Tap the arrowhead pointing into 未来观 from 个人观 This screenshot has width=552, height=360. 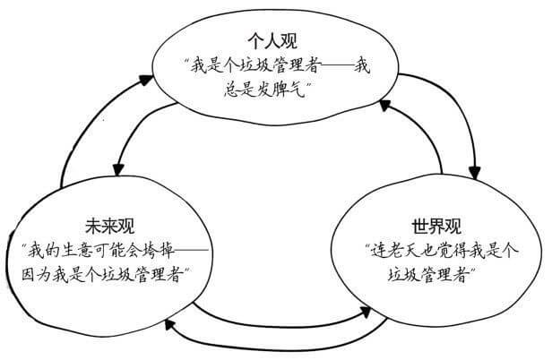click(x=117, y=169)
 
